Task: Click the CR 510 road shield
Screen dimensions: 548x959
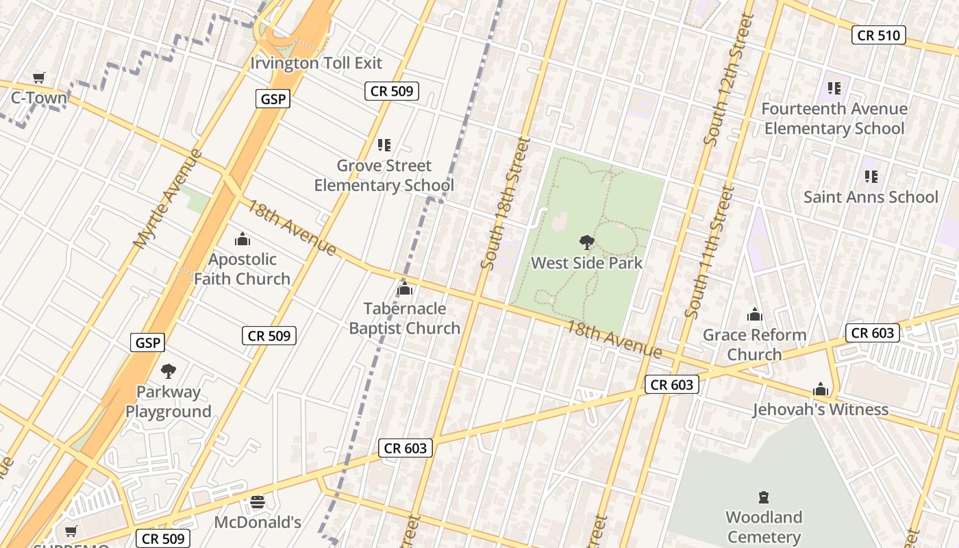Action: click(878, 35)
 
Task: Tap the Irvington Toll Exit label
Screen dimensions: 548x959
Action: click(316, 63)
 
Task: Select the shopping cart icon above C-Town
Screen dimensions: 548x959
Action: click(39, 78)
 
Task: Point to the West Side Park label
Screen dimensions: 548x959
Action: click(587, 263)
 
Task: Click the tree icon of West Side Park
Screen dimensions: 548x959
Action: click(586, 242)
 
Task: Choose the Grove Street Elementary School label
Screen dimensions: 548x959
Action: click(384, 175)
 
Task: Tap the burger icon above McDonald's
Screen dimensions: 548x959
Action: click(258, 503)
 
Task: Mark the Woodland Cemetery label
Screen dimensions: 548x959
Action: click(764, 527)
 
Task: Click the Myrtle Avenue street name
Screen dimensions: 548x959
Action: click(168, 199)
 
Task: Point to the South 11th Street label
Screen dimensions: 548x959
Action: click(708, 252)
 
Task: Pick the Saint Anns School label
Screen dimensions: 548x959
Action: click(871, 197)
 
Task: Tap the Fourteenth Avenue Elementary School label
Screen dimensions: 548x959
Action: click(834, 119)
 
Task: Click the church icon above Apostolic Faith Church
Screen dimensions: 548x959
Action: click(242, 239)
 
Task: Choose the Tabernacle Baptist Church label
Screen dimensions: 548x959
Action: click(404, 319)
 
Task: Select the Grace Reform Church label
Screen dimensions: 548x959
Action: click(754, 345)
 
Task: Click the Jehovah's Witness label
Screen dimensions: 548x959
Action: click(821, 410)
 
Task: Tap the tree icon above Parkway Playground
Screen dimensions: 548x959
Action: click(168, 371)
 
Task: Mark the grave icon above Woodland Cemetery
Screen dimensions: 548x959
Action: click(764, 497)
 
